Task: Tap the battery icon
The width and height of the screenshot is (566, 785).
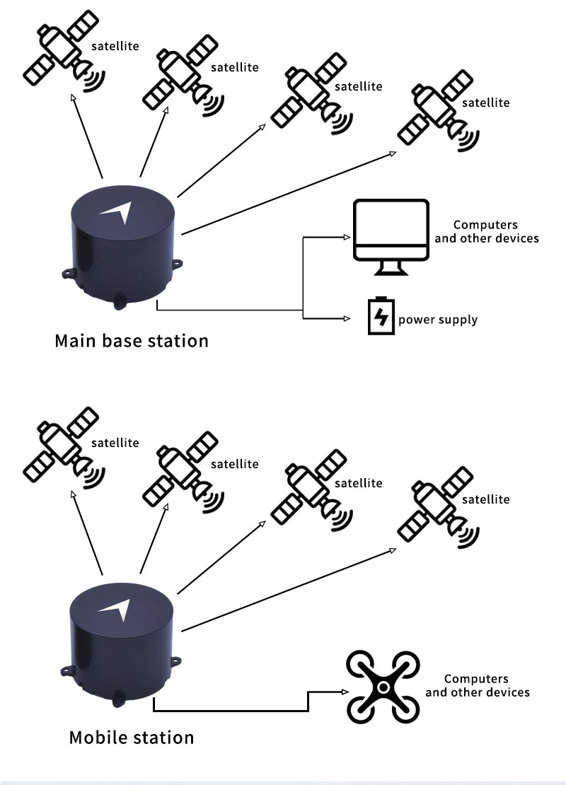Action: click(x=381, y=316)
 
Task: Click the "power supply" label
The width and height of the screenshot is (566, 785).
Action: click(x=438, y=320)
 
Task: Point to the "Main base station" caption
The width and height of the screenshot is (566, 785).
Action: click(x=132, y=341)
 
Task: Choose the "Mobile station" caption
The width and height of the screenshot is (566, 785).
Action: click(x=132, y=738)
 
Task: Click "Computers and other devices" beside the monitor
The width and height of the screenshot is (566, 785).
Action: click(x=486, y=232)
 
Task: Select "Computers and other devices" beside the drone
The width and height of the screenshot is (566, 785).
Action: click(x=478, y=686)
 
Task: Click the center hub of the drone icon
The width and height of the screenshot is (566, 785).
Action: click(x=382, y=687)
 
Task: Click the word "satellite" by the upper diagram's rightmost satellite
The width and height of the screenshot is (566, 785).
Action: click(x=485, y=103)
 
